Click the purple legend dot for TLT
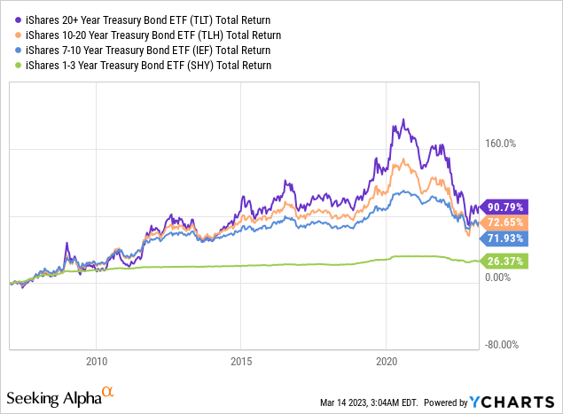8,19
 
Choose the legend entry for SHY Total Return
141,65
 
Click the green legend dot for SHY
8,66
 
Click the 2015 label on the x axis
240,362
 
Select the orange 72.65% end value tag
503,223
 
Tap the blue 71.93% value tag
503,238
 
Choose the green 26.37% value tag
503,261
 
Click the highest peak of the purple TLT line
403,120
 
